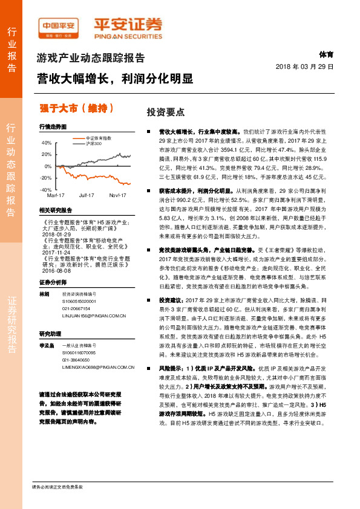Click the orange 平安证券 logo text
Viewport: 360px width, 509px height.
click(128, 25)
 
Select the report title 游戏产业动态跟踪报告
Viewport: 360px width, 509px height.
click(91, 59)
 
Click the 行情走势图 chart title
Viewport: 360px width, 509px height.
click(51, 126)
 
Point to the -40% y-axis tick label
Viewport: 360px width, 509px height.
click(46, 189)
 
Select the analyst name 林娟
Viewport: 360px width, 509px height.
click(44, 293)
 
